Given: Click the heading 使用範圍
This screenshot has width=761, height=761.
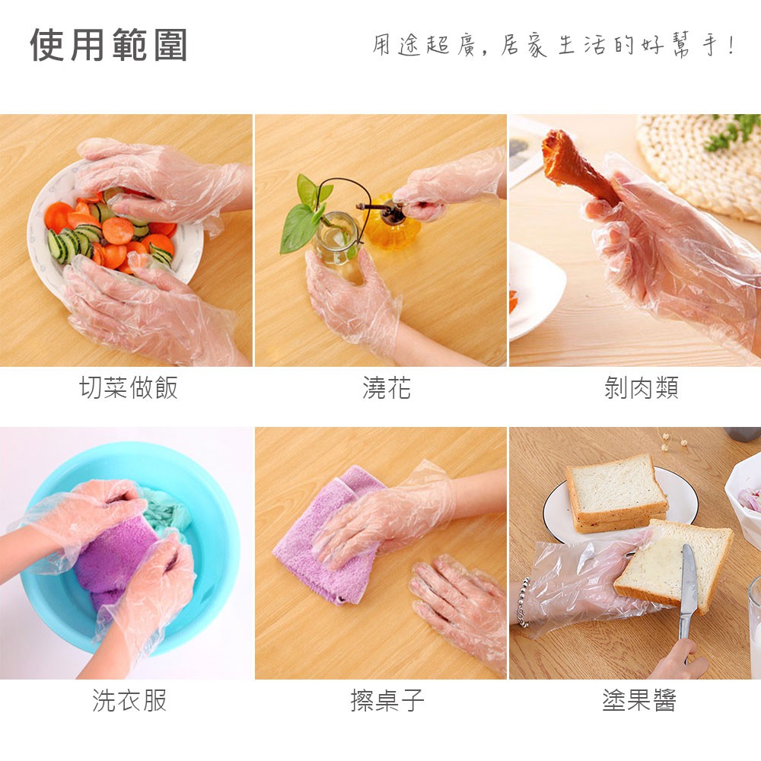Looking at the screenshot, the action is point(109,45).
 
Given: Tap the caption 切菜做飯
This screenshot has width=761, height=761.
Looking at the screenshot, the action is point(129,387).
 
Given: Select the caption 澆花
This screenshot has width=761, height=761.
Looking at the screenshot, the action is point(387,387).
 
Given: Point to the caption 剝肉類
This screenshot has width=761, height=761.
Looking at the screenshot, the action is point(641,387).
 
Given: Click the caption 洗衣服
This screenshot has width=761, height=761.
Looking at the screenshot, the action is point(129,700).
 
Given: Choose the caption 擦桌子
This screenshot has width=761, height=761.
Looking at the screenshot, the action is point(387,700).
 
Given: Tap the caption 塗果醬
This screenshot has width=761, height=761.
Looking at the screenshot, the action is point(639,700).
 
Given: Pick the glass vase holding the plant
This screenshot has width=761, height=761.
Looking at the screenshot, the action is point(337,237).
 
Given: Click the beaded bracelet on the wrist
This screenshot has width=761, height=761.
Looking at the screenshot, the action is point(522,602).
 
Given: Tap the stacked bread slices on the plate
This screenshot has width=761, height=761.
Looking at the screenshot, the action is point(616,492).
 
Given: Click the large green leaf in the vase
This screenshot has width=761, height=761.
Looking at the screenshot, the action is point(298,228).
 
